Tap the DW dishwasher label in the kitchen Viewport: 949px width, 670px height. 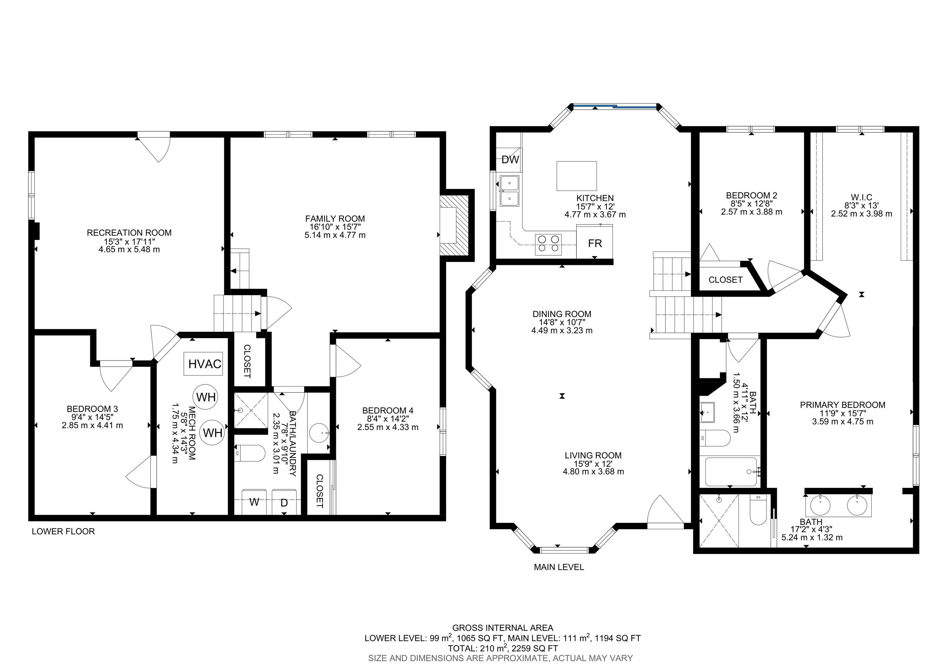tap(510, 160)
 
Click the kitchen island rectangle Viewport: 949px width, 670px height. tap(576, 176)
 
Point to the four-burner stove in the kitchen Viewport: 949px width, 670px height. tap(548, 244)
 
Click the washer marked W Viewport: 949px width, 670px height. tap(254, 502)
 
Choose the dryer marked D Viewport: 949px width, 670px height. tap(285, 502)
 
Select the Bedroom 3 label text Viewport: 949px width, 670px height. tap(93, 409)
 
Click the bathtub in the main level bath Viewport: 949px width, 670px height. tap(731, 472)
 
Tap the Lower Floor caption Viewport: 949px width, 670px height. tap(63, 532)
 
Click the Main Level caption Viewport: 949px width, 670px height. tap(559, 567)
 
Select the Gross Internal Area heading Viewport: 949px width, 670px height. tap(503, 628)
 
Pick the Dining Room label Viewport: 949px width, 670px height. tap(562, 314)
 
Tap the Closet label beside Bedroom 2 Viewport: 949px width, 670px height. tap(725, 280)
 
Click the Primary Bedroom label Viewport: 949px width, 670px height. tap(842, 405)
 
